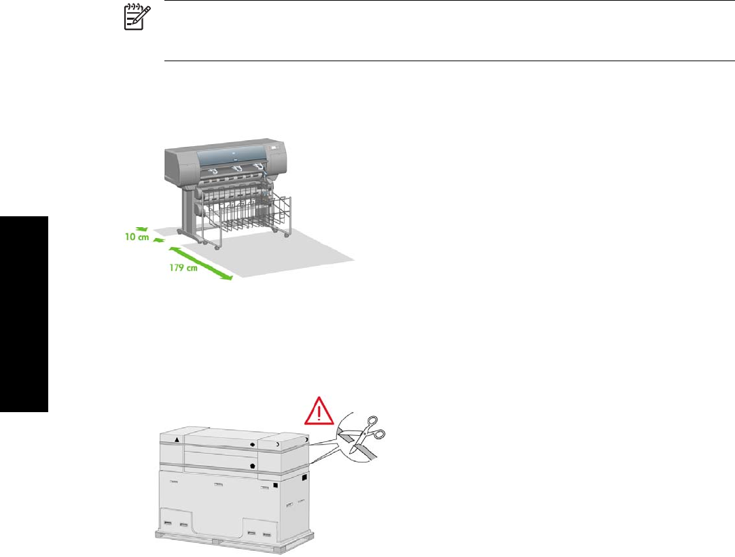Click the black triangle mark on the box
(177, 441)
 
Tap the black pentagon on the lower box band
(253, 467)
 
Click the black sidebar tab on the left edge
(24, 314)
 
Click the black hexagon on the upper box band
(253, 443)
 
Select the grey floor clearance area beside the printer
(312, 255)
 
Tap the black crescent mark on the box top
(279, 443)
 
